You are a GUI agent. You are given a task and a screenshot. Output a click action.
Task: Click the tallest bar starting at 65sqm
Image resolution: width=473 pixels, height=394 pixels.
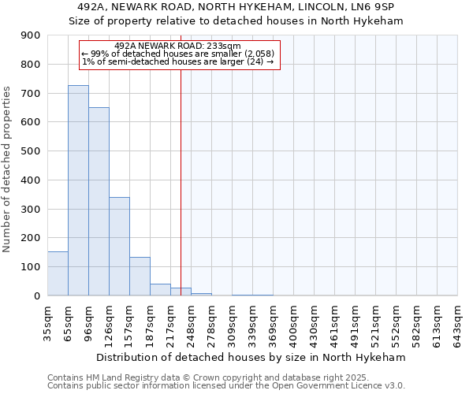coord(78,190)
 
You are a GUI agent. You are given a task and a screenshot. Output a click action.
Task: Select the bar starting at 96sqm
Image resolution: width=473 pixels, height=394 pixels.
coord(99,201)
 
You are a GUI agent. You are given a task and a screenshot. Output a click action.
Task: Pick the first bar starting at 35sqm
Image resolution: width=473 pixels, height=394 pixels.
coord(58,273)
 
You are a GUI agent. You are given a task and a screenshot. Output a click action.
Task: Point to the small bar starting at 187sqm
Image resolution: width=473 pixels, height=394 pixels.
coord(160,289)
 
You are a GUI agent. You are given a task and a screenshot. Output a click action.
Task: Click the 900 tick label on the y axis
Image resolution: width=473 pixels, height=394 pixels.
coord(31,35)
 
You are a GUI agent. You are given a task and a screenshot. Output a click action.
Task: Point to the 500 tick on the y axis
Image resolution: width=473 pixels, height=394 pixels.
coord(31,151)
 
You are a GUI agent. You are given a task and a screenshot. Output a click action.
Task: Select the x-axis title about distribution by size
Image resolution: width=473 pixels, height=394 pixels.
coord(251,357)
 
